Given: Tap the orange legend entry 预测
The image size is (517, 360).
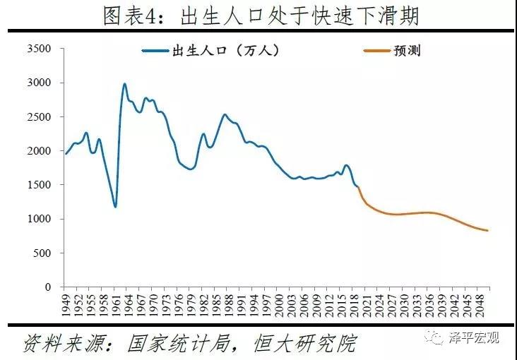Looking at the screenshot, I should coord(408,51).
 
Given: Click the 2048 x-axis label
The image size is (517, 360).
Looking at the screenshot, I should coord(482,305).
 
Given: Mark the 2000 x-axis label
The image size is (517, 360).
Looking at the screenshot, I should coord(280,305).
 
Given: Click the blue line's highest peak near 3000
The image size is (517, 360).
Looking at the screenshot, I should coord(125,84).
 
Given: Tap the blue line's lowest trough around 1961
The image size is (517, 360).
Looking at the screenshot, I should coord(115,206).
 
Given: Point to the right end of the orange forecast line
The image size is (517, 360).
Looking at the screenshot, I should coord(487,231).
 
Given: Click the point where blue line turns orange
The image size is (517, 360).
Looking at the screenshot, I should coord(359,188).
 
